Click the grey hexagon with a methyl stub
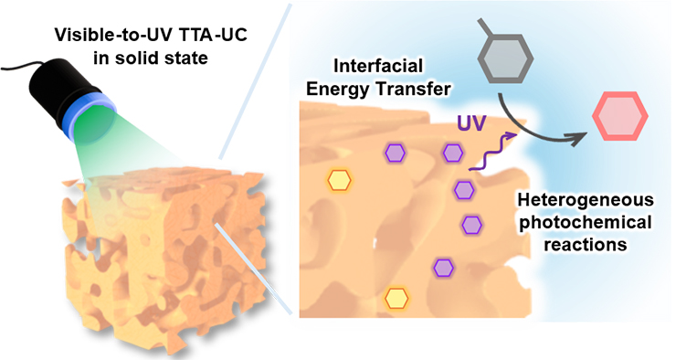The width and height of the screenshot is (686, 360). point(505,58)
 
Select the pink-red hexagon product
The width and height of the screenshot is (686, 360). point(620,116)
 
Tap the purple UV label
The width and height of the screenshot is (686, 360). point(471,123)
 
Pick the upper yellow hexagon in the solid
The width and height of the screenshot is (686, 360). point(339,180)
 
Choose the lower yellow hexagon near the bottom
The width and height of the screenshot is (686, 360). point(396,298)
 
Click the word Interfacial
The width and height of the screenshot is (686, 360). point(378,66)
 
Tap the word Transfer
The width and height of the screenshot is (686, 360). point(414,90)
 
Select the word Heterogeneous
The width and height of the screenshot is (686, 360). point(586,200)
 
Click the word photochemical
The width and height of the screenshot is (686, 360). point(586,222)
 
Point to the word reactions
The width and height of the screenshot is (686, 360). point(586,245)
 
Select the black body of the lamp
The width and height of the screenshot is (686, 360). point(62,89)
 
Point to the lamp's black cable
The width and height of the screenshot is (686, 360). point(21,68)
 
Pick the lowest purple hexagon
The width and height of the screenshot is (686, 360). point(444,268)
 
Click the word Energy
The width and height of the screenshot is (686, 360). point(338,90)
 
